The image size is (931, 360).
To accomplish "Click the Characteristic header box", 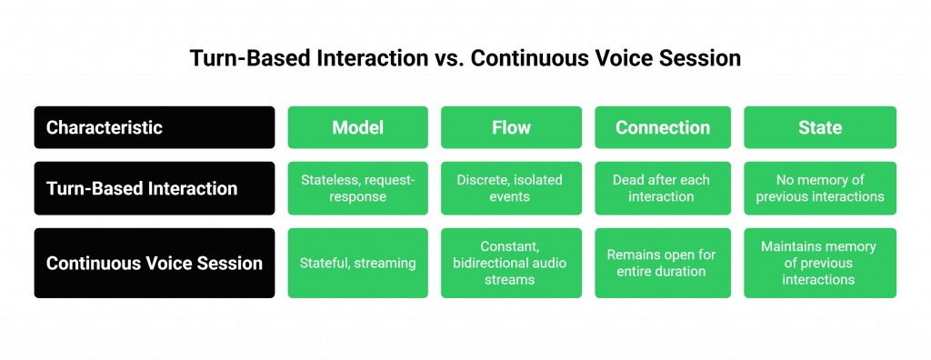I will pyautogui.click(x=154, y=127).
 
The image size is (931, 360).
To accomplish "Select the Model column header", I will pyautogui.click(x=357, y=127).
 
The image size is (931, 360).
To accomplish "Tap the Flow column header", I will pyautogui.click(x=511, y=127).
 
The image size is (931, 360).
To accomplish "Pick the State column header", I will pyautogui.click(x=819, y=127).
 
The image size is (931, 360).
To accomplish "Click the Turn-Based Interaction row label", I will pyautogui.click(x=154, y=188).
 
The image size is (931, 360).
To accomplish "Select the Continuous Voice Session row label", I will pyautogui.click(x=154, y=263).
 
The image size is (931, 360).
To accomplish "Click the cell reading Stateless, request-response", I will pyautogui.click(x=357, y=188).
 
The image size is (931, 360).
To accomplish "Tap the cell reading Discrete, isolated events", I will pyautogui.click(x=511, y=188).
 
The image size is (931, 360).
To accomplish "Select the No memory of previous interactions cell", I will pyautogui.click(x=819, y=188).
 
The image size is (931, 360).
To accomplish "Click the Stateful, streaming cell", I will pyautogui.click(x=357, y=263).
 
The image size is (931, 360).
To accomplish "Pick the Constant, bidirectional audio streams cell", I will pyautogui.click(x=511, y=263).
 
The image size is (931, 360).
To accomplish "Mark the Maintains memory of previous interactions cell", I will pyautogui.click(x=819, y=263).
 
